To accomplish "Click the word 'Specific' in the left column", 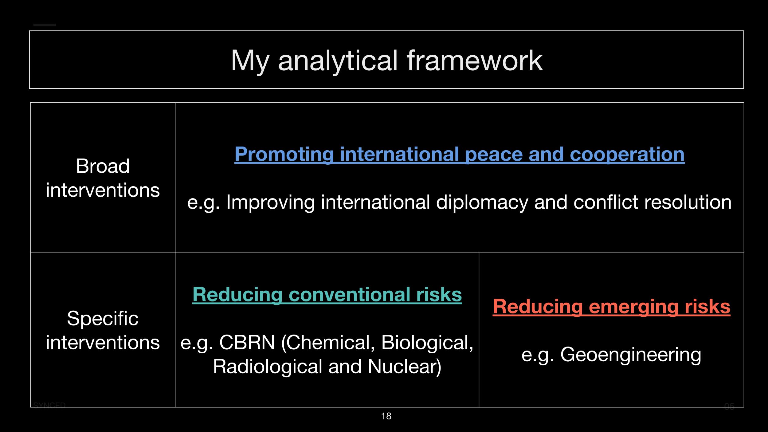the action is [x=103, y=319].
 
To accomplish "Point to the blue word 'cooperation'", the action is [x=627, y=154].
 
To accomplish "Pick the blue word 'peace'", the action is [x=494, y=154].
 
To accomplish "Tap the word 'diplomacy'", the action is [x=482, y=203].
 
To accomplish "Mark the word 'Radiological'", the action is [x=268, y=367].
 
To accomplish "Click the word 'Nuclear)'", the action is [x=405, y=367].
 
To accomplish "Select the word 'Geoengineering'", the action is [x=631, y=355].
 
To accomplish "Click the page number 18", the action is [x=386, y=416].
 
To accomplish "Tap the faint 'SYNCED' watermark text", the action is [x=49, y=406].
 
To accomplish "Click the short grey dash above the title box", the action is [x=45, y=25].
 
